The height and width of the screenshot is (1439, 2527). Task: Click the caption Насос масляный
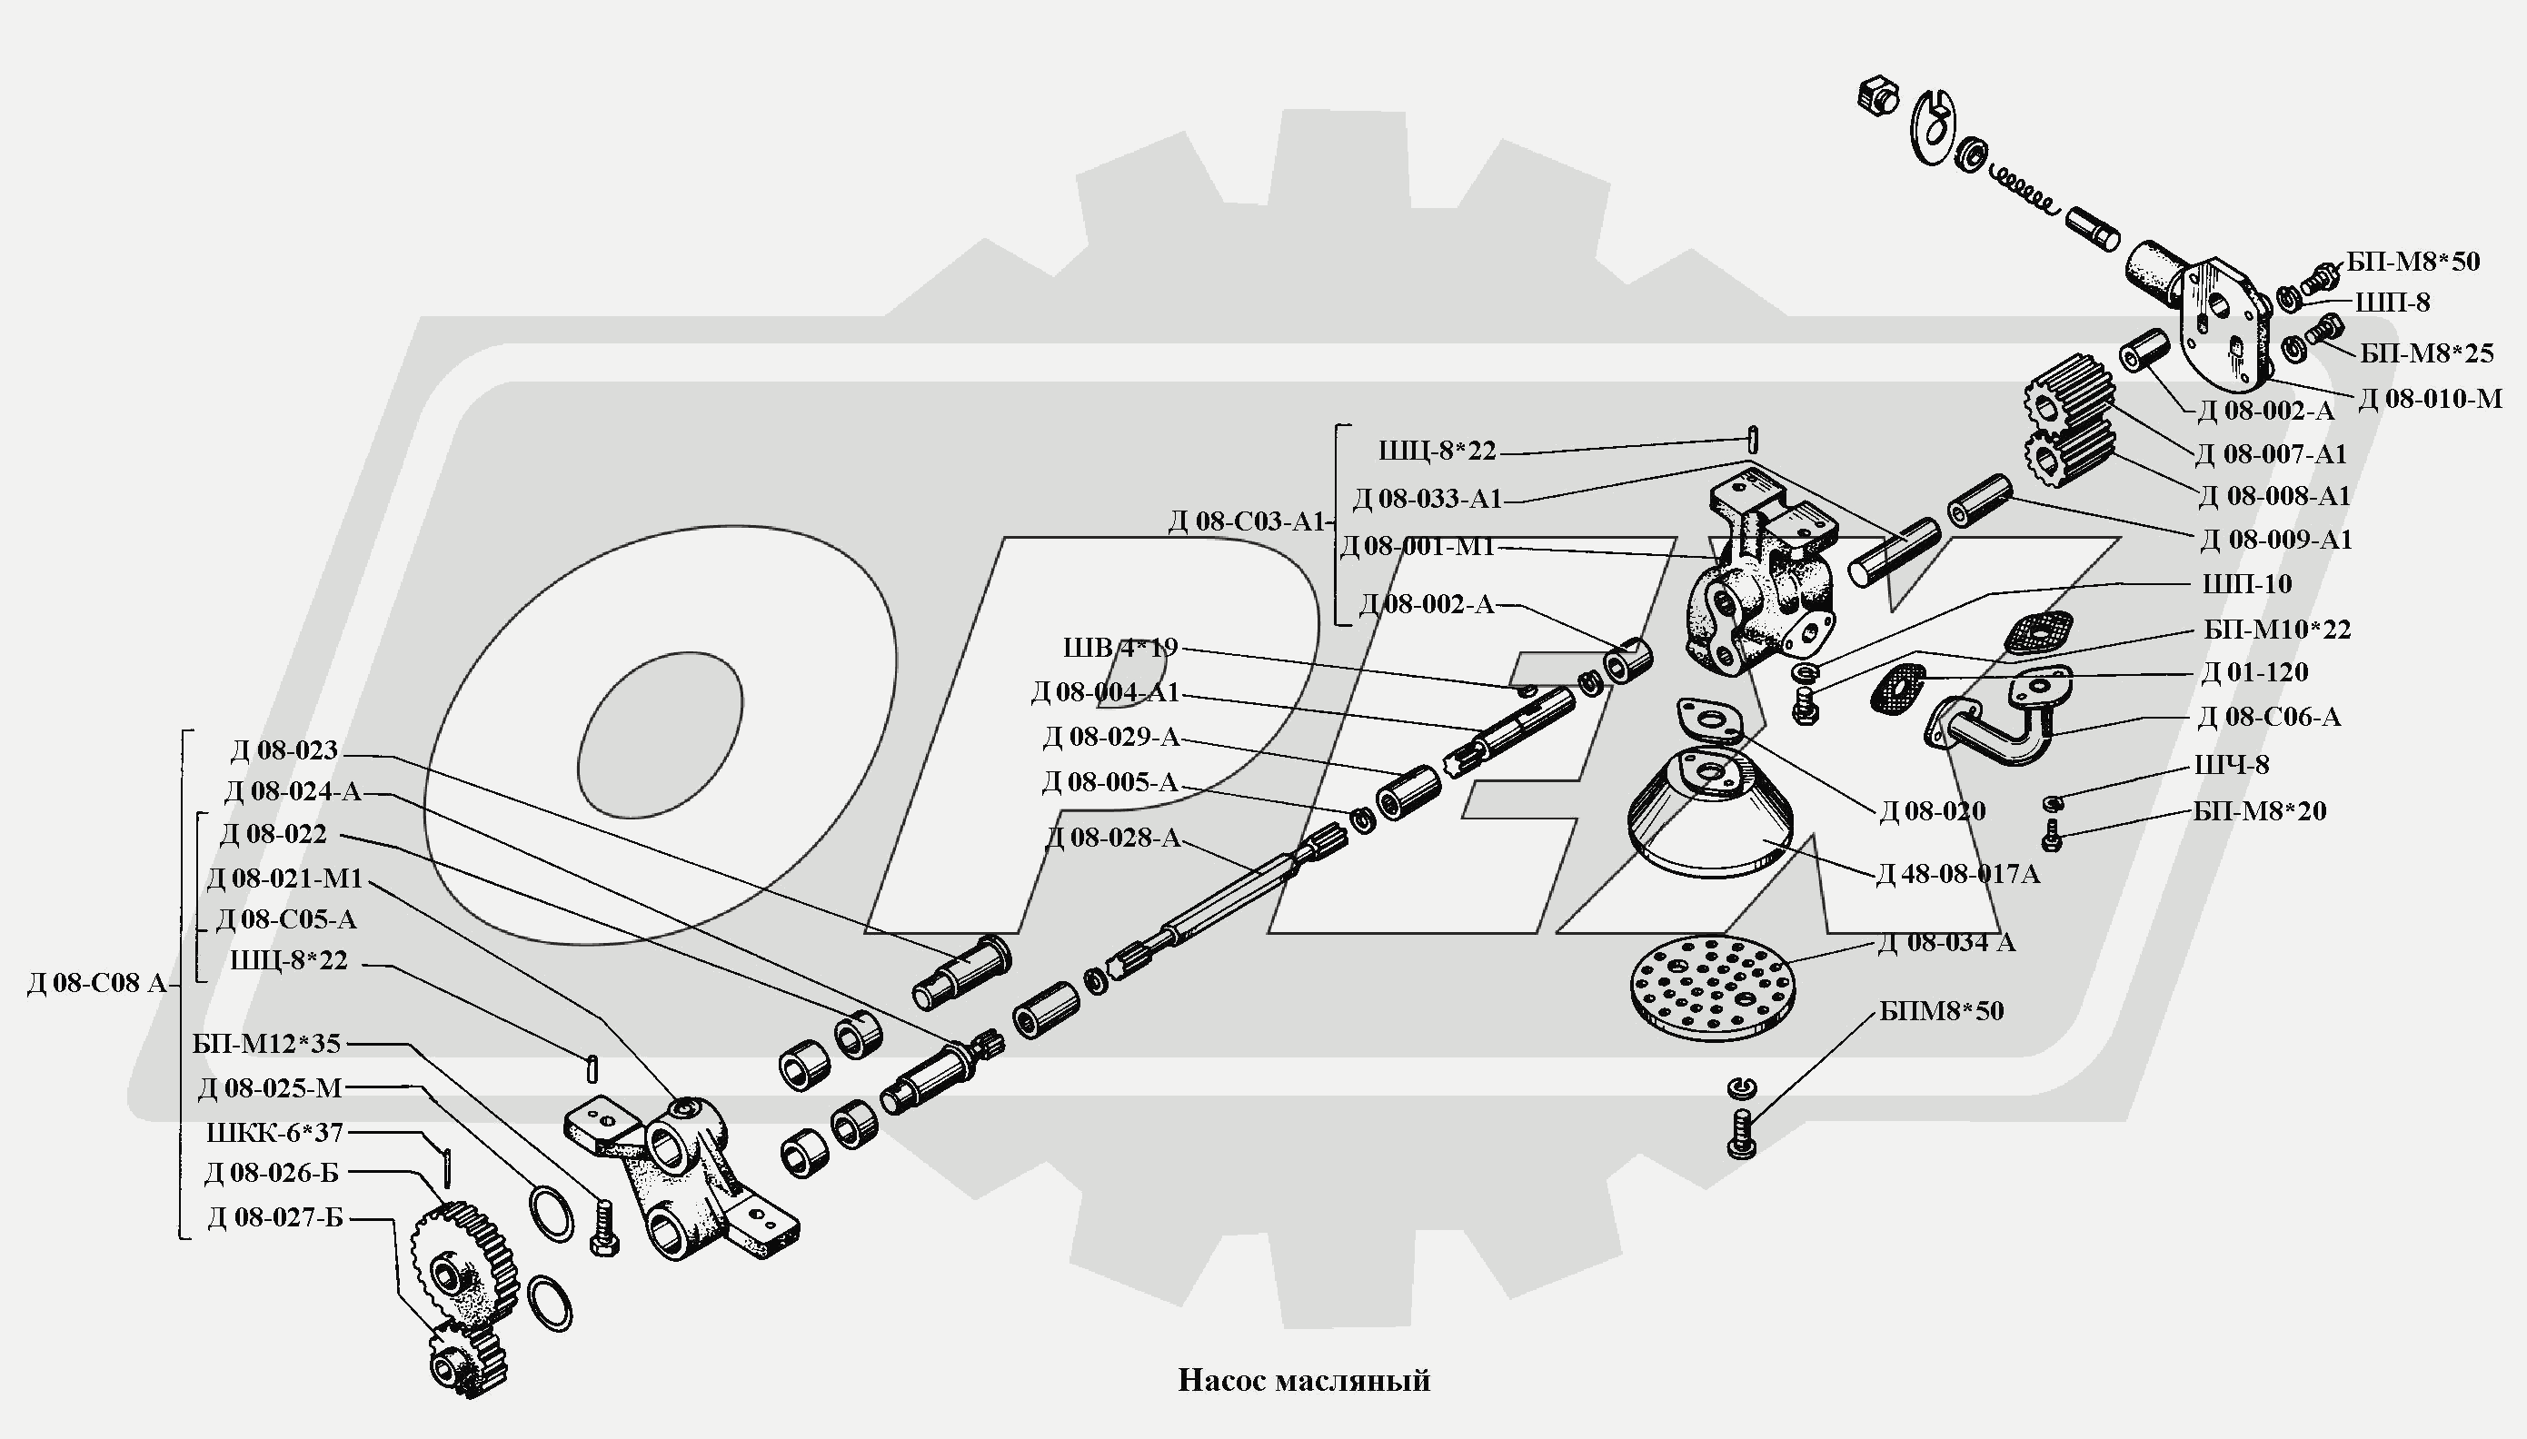[x=1304, y=1380]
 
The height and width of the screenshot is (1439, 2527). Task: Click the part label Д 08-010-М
[x=2430, y=398]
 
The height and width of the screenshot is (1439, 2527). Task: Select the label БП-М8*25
[x=2426, y=352]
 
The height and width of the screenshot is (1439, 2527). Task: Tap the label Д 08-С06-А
[x=2268, y=718]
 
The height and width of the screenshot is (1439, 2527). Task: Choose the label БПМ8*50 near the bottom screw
[x=1941, y=1011]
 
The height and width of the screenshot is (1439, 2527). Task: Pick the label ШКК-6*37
[x=274, y=1132]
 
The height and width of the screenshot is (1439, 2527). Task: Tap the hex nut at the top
[x=1877, y=97]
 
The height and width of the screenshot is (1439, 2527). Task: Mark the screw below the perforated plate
[x=1742, y=1133]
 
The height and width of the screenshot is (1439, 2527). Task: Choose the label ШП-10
[x=2246, y=584]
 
